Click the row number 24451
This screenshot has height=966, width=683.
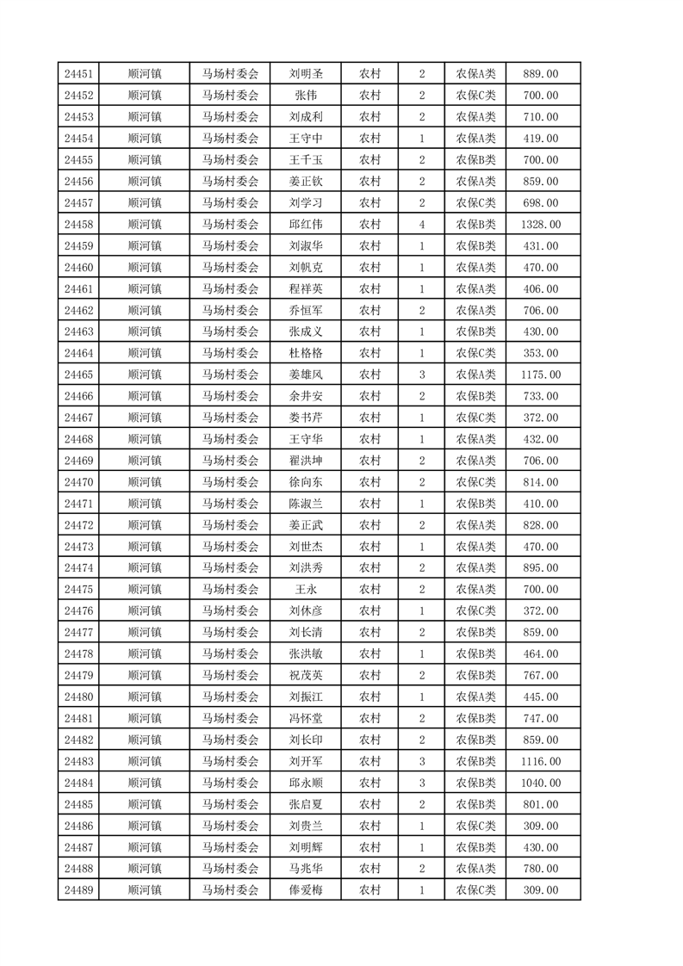[78, 74]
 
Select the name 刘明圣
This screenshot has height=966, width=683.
[307, 74]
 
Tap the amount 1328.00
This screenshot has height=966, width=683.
[541, 225]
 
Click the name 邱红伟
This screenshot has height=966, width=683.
[307, 225]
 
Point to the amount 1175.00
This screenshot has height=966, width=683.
[541, 375]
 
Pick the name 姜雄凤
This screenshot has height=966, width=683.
[307, 375]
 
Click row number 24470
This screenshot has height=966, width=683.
[78, 482]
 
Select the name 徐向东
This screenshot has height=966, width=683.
[307, 482]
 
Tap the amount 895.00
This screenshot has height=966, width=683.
[541, 568]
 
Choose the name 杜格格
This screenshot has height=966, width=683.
[307, 353]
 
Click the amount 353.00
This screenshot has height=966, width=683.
[541, 353]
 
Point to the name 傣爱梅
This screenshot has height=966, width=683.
[307, 890]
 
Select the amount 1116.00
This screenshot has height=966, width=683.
[541, 761]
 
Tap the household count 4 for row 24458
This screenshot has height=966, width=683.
[421, 225]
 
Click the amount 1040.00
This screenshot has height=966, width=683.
[541, 783]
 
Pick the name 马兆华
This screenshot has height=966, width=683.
[307, 869]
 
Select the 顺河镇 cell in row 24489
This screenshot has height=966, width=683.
[144, 890]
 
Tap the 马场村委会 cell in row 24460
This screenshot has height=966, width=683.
[230, 268]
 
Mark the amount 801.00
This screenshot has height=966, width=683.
[541, 804]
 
